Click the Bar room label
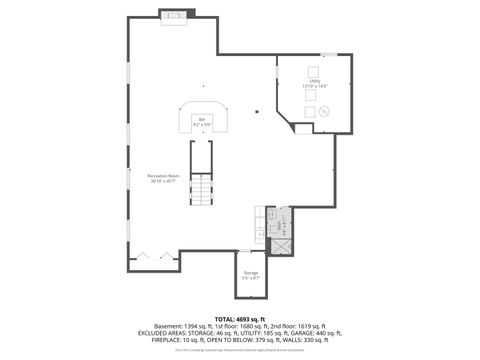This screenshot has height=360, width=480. (201, 119)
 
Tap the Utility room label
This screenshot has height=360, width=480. (314, 81)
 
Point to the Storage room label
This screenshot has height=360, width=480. (250, 272)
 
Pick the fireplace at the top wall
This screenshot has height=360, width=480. (177, 15)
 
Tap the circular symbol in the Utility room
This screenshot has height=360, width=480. (324, 113)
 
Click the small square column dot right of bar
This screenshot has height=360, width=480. (257, 112)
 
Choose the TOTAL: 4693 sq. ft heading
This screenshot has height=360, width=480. (240, 319)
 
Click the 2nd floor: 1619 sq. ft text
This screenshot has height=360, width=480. (296, 327)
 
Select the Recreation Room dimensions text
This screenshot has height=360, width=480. (163, 181)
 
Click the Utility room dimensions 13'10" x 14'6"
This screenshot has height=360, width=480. (314, 86)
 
